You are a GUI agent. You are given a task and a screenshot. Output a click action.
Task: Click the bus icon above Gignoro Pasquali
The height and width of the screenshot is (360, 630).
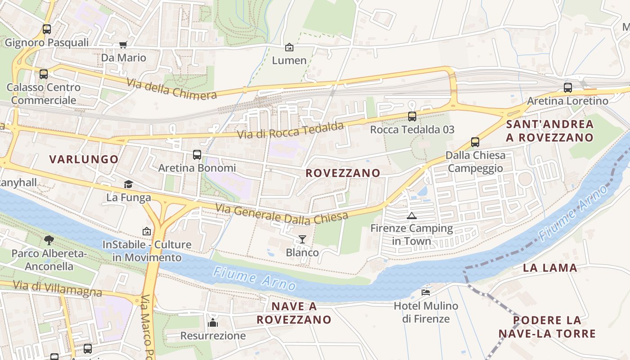tap(47, 29)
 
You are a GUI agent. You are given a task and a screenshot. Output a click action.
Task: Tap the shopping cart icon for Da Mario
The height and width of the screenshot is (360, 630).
tap(123, 45)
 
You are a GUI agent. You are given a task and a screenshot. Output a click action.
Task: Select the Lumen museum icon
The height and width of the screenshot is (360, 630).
tap(289, 47)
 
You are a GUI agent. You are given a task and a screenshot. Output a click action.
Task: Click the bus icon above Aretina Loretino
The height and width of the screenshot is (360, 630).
tap(568, 88)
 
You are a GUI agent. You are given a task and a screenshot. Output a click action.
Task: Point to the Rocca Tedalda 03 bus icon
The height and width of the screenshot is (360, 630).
tap(412, 117)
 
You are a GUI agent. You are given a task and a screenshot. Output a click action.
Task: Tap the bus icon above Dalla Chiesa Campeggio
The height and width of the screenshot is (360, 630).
tap(475, 142)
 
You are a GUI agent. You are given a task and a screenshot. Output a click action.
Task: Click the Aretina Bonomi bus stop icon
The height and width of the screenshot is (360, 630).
tap(197, 155)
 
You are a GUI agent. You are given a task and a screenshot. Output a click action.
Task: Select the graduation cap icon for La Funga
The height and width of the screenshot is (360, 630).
tap(129, 184)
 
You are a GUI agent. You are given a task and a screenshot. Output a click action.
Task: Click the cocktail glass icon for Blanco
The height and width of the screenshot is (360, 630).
tap(302, 239)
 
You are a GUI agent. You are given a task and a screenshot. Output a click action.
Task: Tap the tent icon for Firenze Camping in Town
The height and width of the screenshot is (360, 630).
tap(411, 216)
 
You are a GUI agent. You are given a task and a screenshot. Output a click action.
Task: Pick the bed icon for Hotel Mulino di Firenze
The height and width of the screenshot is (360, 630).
tap(426, 292)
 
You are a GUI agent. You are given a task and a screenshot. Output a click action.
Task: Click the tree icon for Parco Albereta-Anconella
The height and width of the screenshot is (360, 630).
tap(49, 240)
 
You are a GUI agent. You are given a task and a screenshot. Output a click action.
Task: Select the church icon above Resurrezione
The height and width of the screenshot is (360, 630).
tap(213, 323)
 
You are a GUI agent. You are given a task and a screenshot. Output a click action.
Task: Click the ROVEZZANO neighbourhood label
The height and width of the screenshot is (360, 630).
tap(343, 173)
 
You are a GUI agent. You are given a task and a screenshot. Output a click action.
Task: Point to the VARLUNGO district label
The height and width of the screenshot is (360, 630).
tap(84, 159)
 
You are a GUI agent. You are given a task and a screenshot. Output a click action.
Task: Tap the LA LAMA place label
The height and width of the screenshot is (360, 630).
tap(550, 268)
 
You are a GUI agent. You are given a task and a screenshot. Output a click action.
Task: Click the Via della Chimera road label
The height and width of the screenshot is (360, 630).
tap(171, 89)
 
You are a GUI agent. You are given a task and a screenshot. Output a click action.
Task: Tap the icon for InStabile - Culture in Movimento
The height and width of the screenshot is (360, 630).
tap(147, 232)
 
